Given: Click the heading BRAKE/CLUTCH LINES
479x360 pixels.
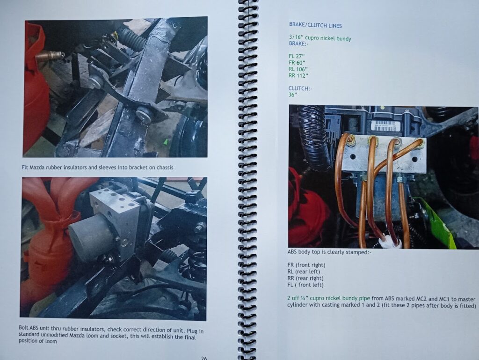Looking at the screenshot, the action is tap(315, 26).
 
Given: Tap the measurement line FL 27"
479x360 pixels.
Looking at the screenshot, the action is tap(297, 56).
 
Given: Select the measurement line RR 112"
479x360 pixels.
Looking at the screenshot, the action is tap(298, 75).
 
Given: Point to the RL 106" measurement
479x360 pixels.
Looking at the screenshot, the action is tap(298, 69).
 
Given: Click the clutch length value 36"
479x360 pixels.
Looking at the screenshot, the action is tap(293, 95).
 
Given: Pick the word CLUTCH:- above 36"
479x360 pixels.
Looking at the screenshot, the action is tap(300, 88).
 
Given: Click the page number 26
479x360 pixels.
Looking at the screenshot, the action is tap(204, 358).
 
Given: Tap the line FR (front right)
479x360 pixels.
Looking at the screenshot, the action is tap(306, 265).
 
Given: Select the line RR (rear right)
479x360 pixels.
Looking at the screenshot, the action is tap(305, 278).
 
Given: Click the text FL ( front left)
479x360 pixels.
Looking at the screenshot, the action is tap(305, 285).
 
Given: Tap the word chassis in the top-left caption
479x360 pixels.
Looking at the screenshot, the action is tap(165, 168).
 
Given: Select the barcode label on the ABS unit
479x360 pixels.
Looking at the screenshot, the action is tap(384, 125).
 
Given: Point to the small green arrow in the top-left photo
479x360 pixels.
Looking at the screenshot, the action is tap(166, 141).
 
